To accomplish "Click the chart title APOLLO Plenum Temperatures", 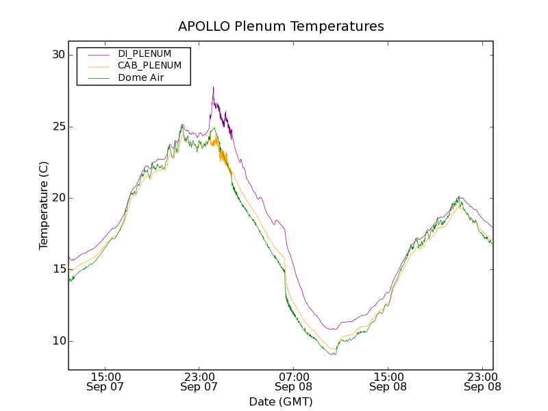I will pos(281,27).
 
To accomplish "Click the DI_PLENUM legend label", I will pos(145,53).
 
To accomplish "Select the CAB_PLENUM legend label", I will pos(149,66).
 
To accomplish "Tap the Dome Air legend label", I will pos(141,78).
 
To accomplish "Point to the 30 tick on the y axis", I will pos(58,55).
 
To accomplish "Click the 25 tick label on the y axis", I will pos(58,127).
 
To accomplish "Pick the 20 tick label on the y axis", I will pos(58,198).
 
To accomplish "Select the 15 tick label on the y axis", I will pos(58,270).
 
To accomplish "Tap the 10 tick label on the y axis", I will pos(58,341).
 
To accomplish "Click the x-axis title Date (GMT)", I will pos(281,401).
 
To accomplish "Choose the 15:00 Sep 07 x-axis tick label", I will pos(105,382).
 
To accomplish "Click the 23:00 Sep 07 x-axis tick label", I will pos(199,382).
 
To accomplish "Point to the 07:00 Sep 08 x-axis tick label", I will pos(294,382).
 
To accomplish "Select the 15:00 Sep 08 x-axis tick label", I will pos(388,382).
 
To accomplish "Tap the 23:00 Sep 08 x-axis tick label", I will pos(482,382).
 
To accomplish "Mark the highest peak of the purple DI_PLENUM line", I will pos(213,87).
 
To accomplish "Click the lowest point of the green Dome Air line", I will pos(334,354).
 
